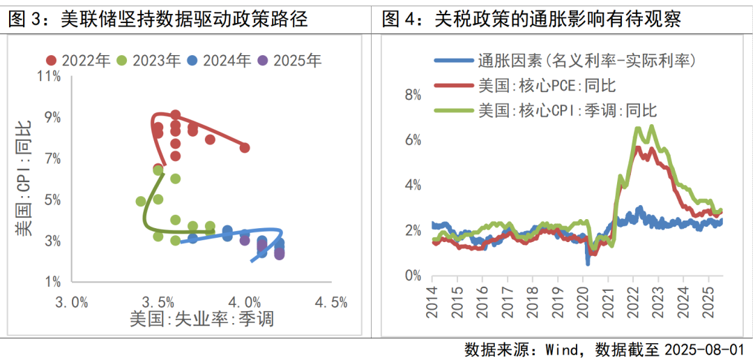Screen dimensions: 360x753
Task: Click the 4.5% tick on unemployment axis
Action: pos(330,303)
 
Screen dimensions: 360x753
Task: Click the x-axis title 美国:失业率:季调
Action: pos(201,320)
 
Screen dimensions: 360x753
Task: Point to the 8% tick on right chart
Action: pos(413,95)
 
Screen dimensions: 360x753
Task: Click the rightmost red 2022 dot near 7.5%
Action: pos(245,147)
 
